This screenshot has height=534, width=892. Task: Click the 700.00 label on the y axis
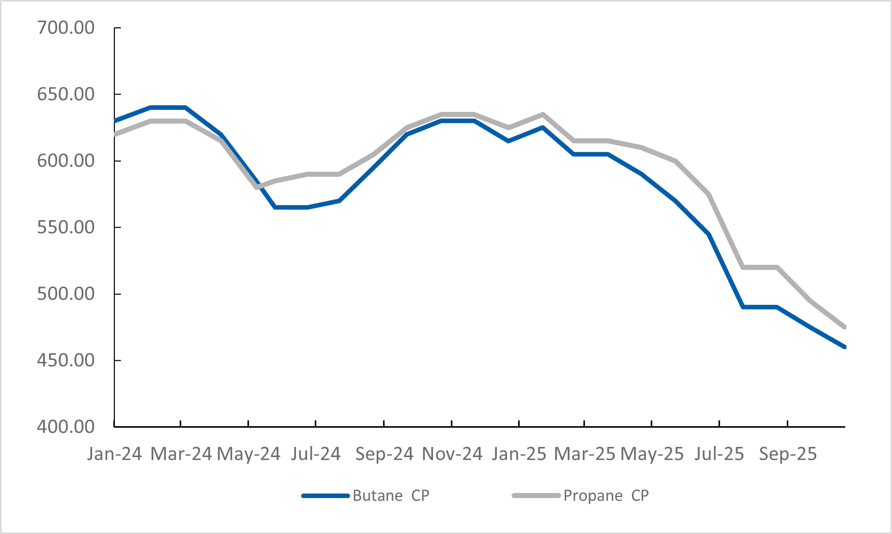(x=66, y=28)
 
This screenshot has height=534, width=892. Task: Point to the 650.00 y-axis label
(x=66, y=94)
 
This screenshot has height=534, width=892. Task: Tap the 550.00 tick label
(x=66, y=227)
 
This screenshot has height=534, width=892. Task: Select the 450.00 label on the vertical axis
(x=66, y=360)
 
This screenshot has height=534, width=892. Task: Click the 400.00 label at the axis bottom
(x=66, y=427)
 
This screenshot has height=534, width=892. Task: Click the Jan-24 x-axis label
(x=114, y=454)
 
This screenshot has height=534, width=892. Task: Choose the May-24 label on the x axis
(x=248, y=454)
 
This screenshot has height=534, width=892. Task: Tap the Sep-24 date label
(x=384, y=454)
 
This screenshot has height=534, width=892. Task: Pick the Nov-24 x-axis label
(x=452, y=454)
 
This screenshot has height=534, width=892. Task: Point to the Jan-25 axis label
(x=519, y=454)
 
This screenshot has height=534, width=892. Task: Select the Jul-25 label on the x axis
(x=719, y=454)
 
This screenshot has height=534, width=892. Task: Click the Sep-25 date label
(x=788, y=454)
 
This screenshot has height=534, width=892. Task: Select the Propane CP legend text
(x=606, y=496)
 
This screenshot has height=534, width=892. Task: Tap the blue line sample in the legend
(x=325, y=496)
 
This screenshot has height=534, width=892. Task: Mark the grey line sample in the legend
(x=536, y=496)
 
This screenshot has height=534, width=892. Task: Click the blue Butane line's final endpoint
(x=844, y=347)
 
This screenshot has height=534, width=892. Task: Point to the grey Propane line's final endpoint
(x=844, y=327)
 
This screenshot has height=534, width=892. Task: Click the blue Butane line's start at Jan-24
(x=116, y=121)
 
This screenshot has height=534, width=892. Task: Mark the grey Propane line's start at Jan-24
(x=116, y=134)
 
